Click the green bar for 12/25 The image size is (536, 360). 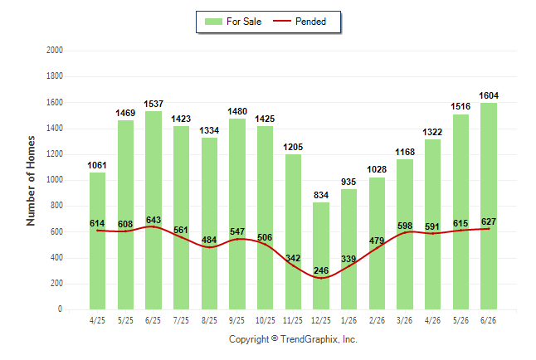tap(321, 255)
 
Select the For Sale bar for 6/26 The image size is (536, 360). tap(489, 207)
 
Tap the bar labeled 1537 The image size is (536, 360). tap(153, 210)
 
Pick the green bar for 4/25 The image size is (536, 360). tap(97, 241)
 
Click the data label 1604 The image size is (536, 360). tap(489, 95)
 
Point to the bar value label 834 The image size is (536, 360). tap(321, 195)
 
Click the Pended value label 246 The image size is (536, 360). tap(321, 270)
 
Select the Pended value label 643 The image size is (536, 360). tap(153, 220)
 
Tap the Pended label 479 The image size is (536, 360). tap(377, 241)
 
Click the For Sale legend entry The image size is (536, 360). tap(233, 22)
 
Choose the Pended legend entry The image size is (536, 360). tap(300, 22)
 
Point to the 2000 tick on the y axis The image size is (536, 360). tap(55, 51)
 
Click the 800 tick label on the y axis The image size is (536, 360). tap(56, 206)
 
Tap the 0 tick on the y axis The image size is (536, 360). tap(61, 309)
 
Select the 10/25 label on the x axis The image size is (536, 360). tap(266, 320)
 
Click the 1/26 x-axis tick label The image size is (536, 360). tap(349, 320)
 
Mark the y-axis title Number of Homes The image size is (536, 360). tap(31, 181)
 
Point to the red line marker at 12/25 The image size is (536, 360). tap(321, 278)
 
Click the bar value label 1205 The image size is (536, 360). tap(293, 147)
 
